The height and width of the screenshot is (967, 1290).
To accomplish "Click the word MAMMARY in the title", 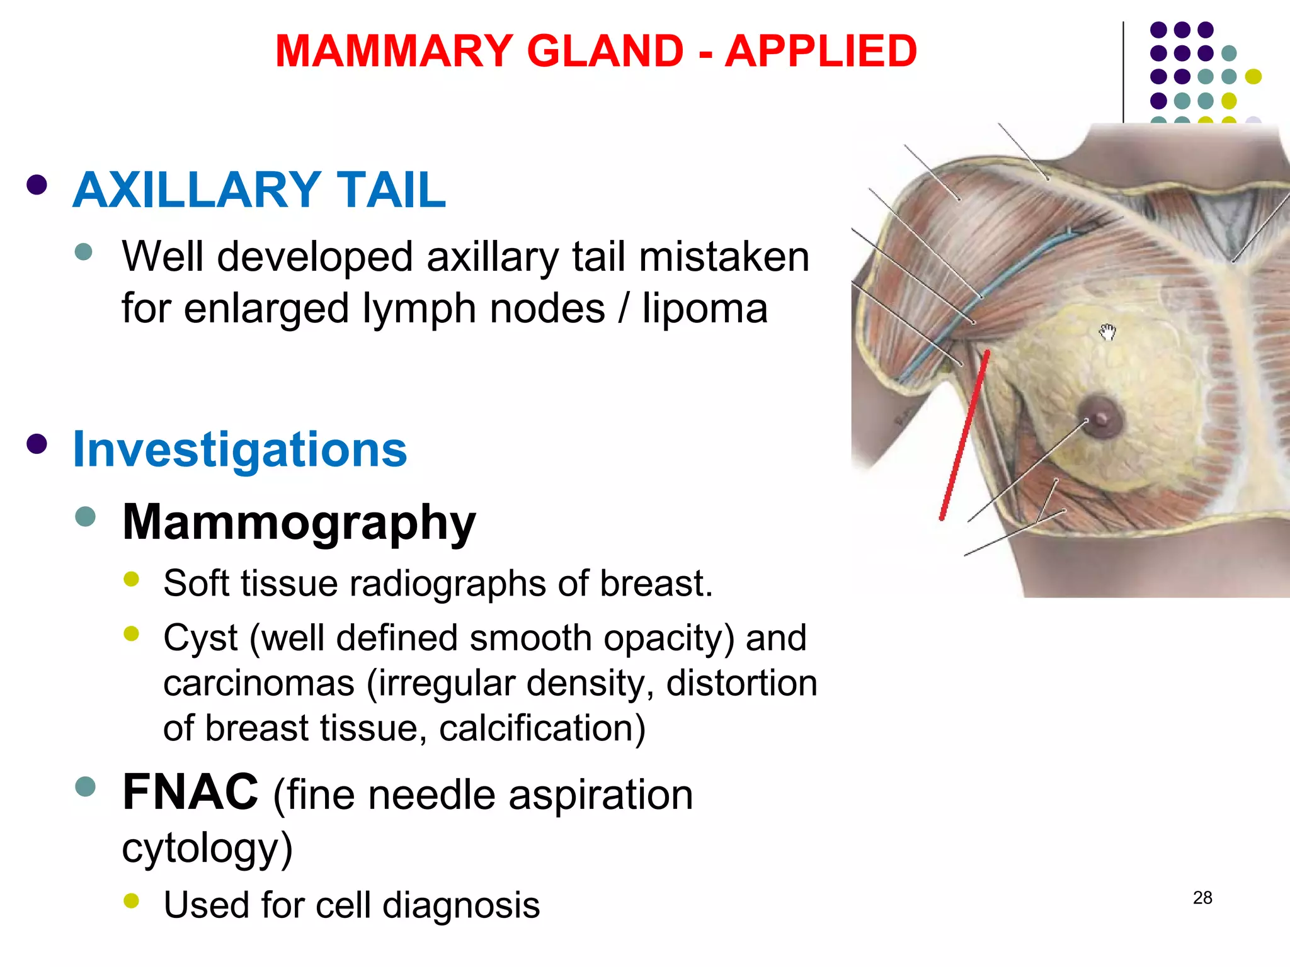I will pyautogui.click(x=394, y=51).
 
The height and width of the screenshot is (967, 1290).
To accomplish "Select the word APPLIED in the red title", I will pyautogui.click(x=821, y=51).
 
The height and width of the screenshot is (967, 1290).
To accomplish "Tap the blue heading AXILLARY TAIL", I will pyautogui.click(x=259, y=189).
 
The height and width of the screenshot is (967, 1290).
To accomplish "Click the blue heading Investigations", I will pyautogui.click(x=240, y=450).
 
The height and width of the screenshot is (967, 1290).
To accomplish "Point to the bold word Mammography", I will pyautogui.click(x=299, y=523).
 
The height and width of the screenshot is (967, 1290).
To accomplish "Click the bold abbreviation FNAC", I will pyautogui.click(x=190, y=793).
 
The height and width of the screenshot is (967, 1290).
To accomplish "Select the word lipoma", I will pyautogui.click(x=705, y=308).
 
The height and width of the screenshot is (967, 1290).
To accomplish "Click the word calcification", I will pyautogui.click(x=541, y=728).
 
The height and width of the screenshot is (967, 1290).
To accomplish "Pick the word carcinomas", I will pyautogui.click(x=259, y=683).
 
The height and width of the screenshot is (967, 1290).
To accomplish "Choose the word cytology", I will pyautogui.click(x=206, y=847).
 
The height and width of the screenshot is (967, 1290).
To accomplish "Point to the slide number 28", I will pyautogui.click(x=1202, y=898).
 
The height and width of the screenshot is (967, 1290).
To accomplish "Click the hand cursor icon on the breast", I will pyautogui.click(x=1107, y=331).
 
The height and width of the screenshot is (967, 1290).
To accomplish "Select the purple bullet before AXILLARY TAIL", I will pyautogui.click(x=37, y=185).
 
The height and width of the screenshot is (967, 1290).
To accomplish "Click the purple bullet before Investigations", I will pyautogui.click(x=37, y=444).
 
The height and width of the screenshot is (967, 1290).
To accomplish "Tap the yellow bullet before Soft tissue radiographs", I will pyautogui.click(x=132, y=579).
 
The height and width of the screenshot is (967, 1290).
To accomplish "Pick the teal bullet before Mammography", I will pyautogui.click(x=84, y=517).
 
